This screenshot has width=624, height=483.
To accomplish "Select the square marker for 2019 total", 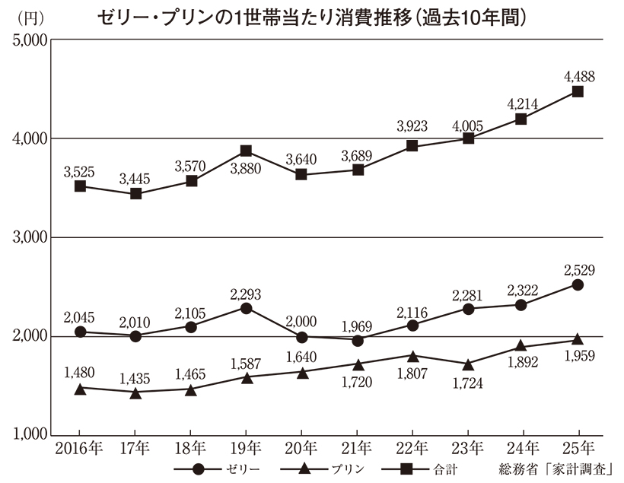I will click(247, 151).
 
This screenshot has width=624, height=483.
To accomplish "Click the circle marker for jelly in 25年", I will click(578, 284).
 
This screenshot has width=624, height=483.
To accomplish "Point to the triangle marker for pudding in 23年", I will click(468, 364).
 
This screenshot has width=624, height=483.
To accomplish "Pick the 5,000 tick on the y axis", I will click(28, 40).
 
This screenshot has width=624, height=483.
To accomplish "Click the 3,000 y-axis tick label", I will click(28, 238).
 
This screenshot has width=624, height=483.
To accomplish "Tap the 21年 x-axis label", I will click(357, 447).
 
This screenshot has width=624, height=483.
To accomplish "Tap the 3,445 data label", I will click(136, 179).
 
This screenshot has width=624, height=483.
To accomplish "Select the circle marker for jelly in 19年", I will click(247, 308).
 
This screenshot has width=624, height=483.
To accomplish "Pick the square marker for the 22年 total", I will click(412, 146).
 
